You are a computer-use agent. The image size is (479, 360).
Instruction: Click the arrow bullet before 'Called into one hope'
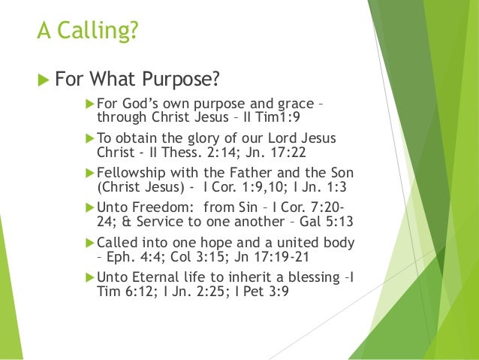[90, 244]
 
